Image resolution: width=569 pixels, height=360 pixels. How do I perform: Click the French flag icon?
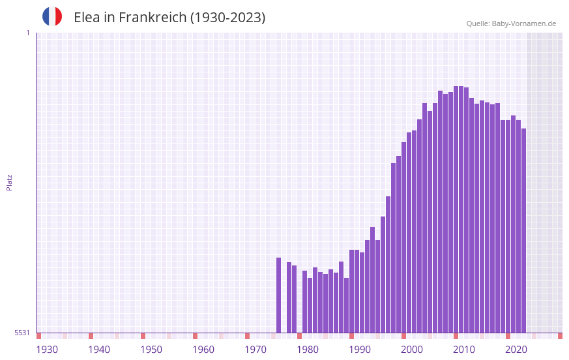52,16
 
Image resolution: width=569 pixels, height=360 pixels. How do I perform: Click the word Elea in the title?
86,18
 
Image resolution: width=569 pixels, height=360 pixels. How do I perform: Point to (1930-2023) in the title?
227,18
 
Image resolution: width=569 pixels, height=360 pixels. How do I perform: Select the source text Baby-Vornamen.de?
523,23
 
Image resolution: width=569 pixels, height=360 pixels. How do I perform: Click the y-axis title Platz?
9,182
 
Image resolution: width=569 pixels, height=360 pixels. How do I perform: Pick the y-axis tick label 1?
27,33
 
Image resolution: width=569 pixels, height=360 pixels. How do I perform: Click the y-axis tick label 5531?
22,333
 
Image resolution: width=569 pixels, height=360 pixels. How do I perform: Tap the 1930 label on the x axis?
47,350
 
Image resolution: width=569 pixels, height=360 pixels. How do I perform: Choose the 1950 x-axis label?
151,350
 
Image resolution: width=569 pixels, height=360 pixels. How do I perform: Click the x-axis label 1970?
255,350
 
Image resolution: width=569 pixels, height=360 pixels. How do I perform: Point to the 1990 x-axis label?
360,350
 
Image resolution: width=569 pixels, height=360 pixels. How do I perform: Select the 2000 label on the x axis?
412,350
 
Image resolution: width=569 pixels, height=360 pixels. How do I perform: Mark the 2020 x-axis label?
516,350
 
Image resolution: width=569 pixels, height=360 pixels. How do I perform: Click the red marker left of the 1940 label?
91,336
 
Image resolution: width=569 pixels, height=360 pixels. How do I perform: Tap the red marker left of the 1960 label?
195,336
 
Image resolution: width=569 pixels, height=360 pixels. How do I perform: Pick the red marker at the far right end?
560,336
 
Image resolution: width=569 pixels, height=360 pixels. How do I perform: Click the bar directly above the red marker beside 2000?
403,237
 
